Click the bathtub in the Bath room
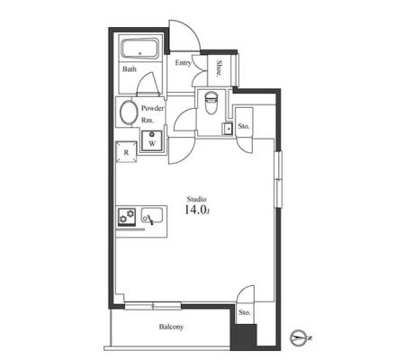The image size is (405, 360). [139, 49]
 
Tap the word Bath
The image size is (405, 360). [130, 69]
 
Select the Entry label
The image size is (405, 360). [183, 63]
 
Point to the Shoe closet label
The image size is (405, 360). [220, 68]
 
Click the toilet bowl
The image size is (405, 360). [211, 103]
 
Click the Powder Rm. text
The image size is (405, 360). [153, 114]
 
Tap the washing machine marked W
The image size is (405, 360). [152, 140]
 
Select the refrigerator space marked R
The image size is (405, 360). [126, 152]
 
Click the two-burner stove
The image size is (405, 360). [127, 217]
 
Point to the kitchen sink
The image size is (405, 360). [152, 215]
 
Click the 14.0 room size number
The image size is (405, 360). [196, 210]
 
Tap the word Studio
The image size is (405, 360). [196, 199]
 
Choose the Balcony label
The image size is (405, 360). [171, 327]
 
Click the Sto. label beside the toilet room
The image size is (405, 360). [244, 126]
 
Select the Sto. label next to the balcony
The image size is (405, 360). [245, 312]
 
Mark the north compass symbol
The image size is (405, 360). [300, 338]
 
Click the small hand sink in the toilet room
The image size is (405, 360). [227, 129]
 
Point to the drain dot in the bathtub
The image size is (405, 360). [139, 54]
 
